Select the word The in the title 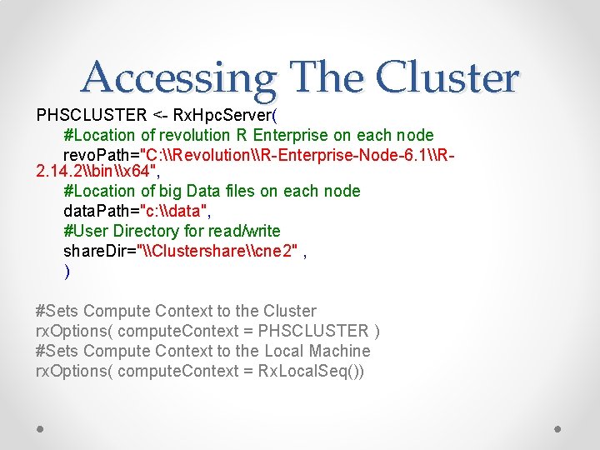coord(326,77)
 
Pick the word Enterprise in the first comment coord(301,134)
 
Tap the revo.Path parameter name coord(100,154)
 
